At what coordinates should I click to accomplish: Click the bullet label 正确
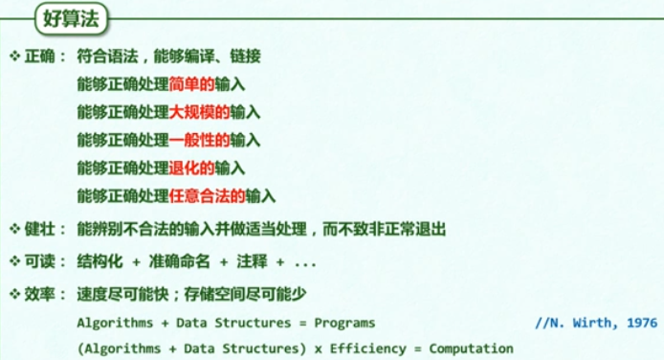(x=42, y=56)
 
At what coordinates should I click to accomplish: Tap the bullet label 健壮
(x=42, y=229)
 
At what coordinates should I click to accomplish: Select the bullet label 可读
(x=42, y=261)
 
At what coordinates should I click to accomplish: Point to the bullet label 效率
(x=42, y=293)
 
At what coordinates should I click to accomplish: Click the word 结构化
(x=100, y=261)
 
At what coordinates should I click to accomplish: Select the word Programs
(x=345, y=323)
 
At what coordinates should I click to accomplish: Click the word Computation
(x=471, y=348)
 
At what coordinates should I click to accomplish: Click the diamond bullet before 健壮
(x=14, y=229)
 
